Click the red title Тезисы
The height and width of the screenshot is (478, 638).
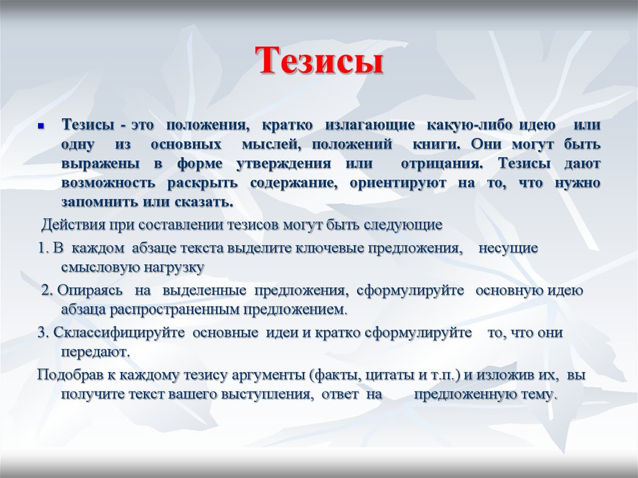click(x=320, y=60)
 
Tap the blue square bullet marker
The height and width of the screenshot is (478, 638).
click(x=40, y=126)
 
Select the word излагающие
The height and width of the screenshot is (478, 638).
click(x=370, y=125)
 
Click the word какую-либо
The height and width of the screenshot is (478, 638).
click(x=469, y=125)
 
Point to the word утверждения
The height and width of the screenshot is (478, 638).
click(x=283, y=164)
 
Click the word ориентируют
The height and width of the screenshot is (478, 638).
click(x=398, y=183)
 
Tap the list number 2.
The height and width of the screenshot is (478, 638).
click(x=47, y=290)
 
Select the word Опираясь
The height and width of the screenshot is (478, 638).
click(x=90, y=290)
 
